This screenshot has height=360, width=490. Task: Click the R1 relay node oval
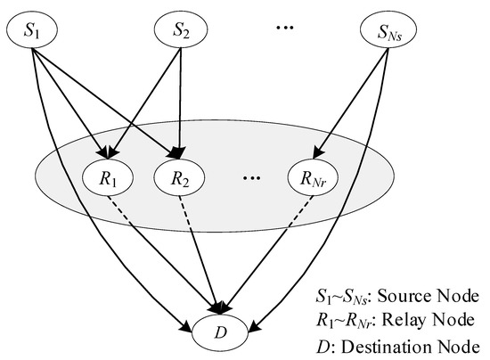110,176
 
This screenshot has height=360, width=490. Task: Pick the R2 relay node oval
181,176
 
